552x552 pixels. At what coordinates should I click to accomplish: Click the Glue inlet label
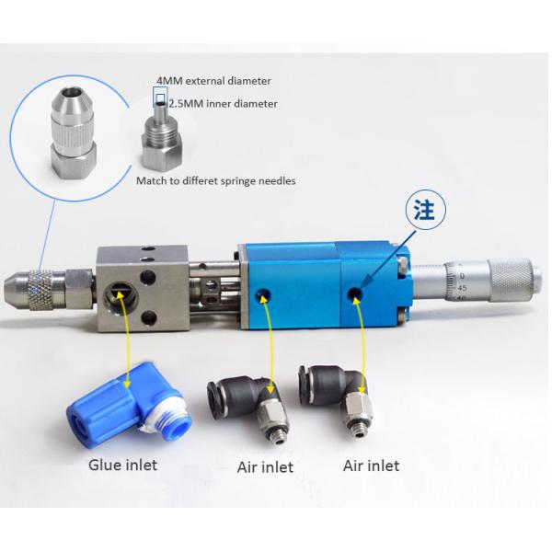click(122, 465)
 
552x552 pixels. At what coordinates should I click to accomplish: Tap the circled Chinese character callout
click(426, 210)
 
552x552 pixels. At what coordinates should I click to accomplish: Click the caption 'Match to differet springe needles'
click(216, 181)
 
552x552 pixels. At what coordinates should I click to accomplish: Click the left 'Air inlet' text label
click(265, 467)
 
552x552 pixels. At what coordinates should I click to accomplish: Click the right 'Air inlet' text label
click(371, 466)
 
